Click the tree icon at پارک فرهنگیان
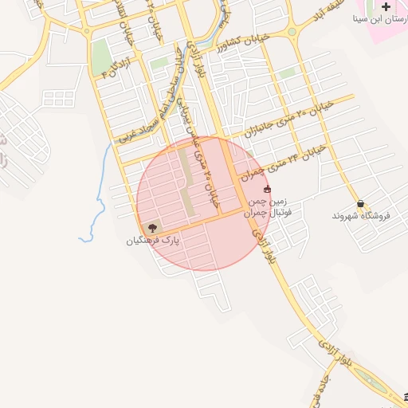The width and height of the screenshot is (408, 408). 152,227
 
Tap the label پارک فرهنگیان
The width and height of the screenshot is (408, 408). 152,239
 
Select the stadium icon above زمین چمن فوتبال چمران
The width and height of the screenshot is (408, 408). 266,190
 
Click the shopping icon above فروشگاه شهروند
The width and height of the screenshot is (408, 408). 361,203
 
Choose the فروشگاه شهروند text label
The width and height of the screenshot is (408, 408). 359,216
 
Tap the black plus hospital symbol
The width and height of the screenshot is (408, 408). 386,6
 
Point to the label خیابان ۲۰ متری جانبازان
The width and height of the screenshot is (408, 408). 287,116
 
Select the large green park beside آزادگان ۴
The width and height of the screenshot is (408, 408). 101,57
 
